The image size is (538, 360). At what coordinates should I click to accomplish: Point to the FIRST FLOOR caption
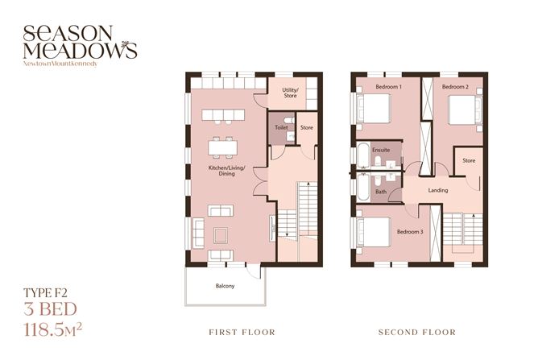[242, 332]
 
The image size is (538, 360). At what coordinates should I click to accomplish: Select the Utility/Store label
[289, 93]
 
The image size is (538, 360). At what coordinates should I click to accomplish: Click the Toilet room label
[281, 127]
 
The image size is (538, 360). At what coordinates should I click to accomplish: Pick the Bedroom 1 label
[389, 86]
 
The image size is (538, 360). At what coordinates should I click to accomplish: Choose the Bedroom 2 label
[455, 86]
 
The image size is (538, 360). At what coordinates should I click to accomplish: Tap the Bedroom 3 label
[409, 232]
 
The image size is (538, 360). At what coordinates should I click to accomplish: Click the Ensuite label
[382, 150]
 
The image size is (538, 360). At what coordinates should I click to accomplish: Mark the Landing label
[438, 190]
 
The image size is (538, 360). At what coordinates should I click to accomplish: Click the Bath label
[381, 192]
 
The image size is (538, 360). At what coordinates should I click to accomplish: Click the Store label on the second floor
[469, 160]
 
